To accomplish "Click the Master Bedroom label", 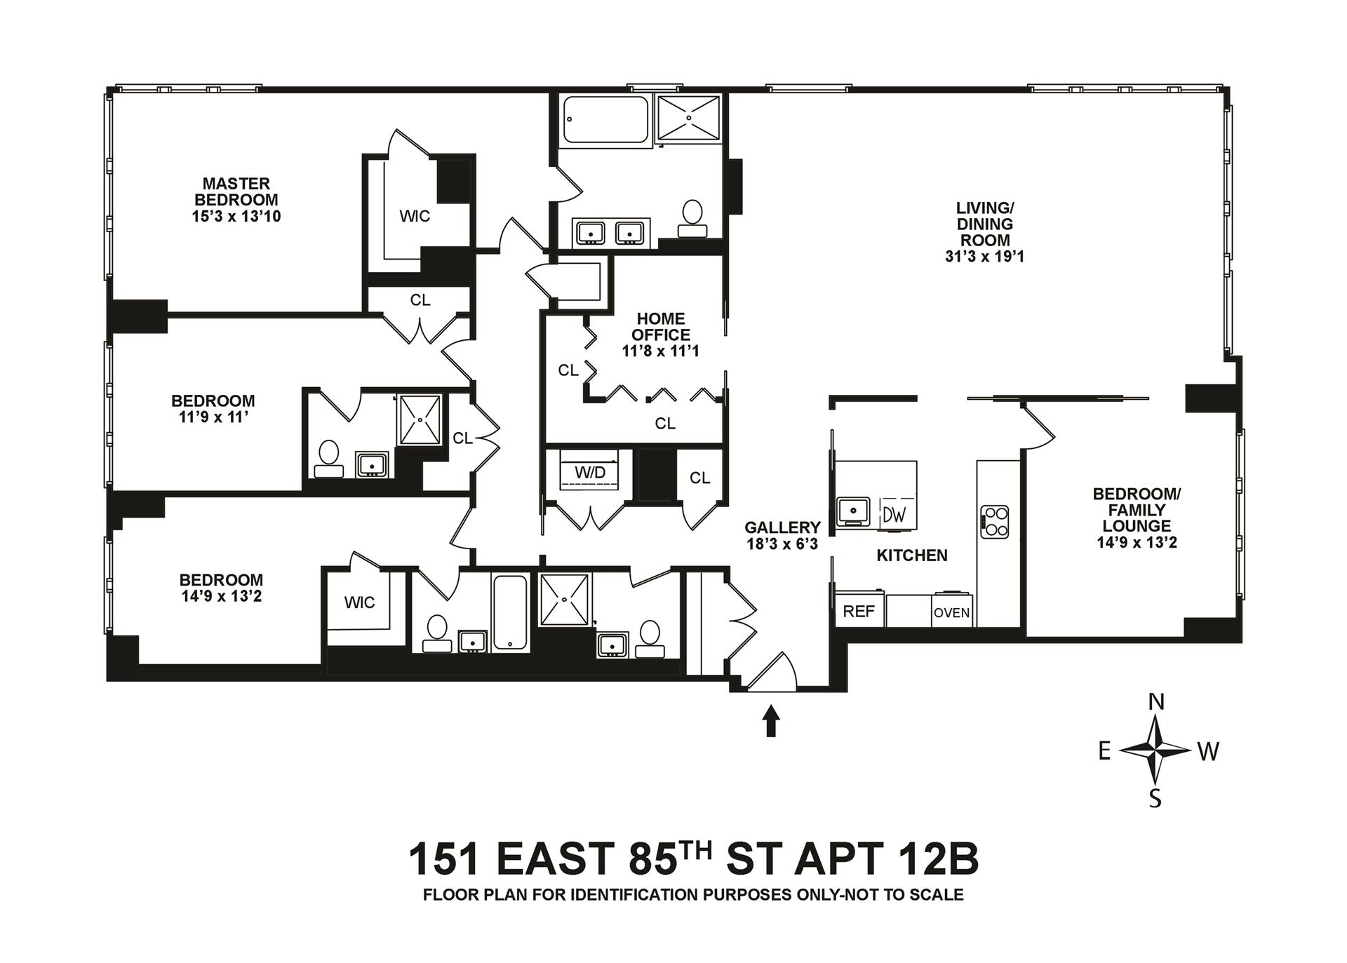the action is pos(236,200).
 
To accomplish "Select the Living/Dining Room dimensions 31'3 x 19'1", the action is pos(985,257).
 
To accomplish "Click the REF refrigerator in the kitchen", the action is pos(859,610).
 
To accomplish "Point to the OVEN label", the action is pos(952,612).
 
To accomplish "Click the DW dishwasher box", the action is pos(894,515).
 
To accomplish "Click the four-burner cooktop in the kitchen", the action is pos(994,522).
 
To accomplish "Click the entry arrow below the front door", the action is pos(771,721).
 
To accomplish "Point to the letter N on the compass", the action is pos(1155,701).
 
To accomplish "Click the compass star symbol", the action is pos(1155,750).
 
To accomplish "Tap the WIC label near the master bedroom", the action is pos(415,216).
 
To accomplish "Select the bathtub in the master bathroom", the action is pos(607,122).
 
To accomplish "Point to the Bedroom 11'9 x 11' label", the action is pos(213,409).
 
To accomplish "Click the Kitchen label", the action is pos(912,555).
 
